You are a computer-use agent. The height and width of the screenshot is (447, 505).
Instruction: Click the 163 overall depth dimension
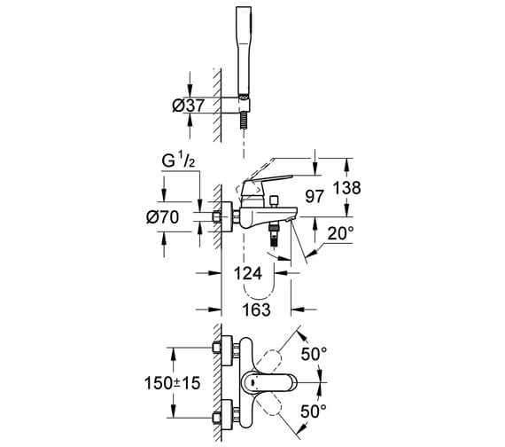coord(255,312)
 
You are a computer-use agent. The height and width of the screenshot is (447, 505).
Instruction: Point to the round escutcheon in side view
coord(227,216)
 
